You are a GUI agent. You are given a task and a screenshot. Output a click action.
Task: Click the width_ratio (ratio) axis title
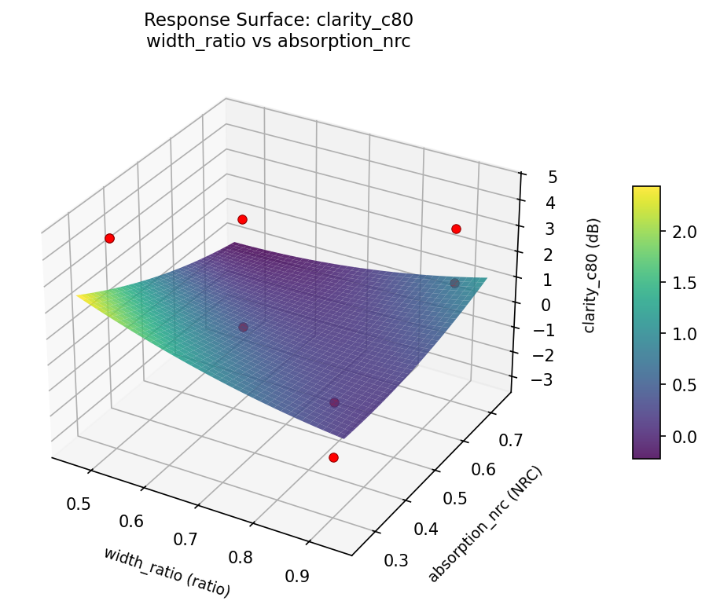pos(167,570)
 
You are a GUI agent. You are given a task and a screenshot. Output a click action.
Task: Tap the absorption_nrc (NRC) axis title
pos(485,523)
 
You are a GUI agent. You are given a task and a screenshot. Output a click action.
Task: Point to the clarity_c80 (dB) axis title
pos(590,274)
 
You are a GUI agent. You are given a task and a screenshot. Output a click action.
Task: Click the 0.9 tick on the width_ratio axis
pos(298,575)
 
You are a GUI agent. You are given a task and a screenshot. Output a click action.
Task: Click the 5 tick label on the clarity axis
pos(553,177)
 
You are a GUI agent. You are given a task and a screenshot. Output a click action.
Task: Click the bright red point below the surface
pos(333,457)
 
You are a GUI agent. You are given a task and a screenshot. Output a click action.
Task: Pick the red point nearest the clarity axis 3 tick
pos(456,229)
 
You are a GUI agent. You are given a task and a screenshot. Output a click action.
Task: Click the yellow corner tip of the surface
pos(79,295)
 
